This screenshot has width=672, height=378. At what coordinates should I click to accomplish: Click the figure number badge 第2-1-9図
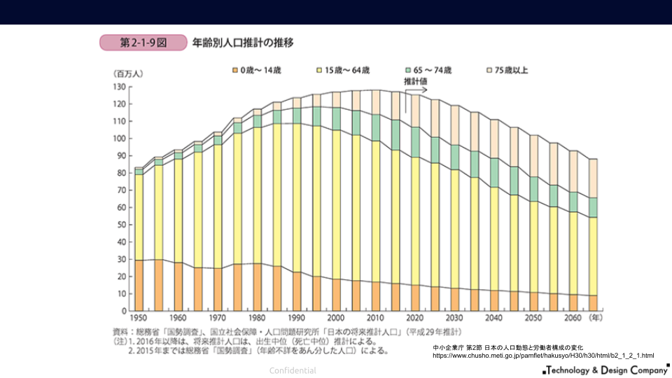pos(143,43)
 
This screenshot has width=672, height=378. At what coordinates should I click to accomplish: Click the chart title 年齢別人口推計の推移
pos(243,43)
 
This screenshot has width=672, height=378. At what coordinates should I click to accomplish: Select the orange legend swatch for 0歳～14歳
pos(234,70)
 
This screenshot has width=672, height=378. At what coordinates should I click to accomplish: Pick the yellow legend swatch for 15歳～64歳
pos(320,70)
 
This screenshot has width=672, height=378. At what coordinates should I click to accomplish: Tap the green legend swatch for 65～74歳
pos(407,70)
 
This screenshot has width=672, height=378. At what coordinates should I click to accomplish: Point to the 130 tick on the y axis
pos(119,87)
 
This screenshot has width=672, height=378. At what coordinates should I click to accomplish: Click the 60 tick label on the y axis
pos(121,207)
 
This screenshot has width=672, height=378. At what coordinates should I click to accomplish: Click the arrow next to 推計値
pos(416,90)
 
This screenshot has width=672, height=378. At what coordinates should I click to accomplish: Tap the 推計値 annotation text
pos(416,81)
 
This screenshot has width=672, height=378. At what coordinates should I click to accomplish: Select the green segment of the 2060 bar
pos(573,202)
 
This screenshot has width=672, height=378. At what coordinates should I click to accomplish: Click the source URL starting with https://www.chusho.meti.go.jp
pos(542,356)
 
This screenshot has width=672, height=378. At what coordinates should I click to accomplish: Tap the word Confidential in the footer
pos(293,370)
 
